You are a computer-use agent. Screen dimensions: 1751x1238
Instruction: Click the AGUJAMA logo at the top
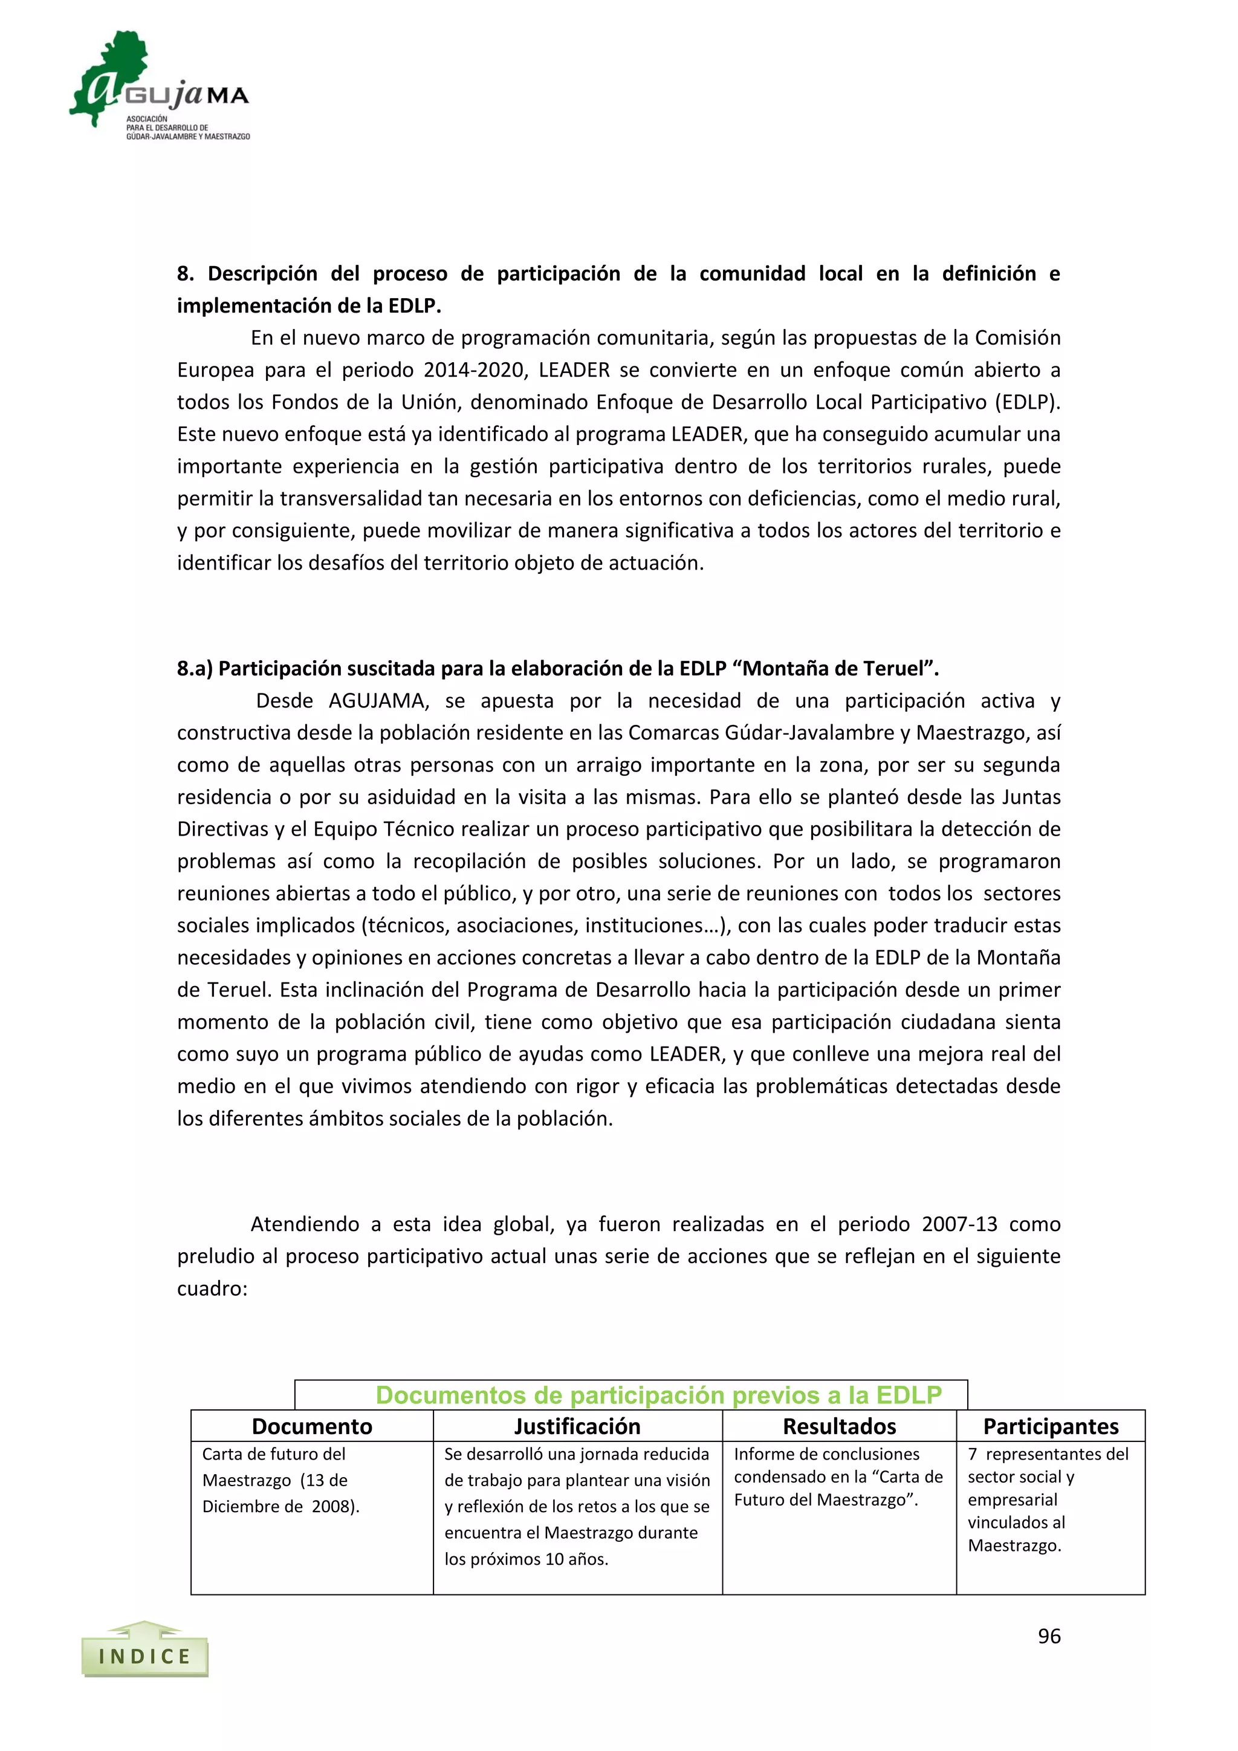click(x=160, y=85)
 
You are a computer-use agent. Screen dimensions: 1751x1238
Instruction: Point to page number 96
click(x=1049, y=1636)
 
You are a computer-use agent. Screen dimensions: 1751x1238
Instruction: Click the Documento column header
click(x=312, y=1426)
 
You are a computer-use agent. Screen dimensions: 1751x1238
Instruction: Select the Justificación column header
click(x=577, y=1426)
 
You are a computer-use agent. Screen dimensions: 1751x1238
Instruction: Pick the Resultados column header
click(x=839, y=1426)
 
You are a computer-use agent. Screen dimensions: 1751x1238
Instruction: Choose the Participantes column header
click(x=1051, y=1426)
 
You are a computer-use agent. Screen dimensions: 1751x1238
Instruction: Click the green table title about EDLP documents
click(x=659, y=1395)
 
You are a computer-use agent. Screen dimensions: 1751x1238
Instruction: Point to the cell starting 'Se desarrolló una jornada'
click(x=577, y=1506)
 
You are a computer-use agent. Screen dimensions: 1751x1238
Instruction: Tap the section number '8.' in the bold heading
click(x=185, y=274)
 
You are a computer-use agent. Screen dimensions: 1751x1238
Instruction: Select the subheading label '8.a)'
click(x=195, y=669)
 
